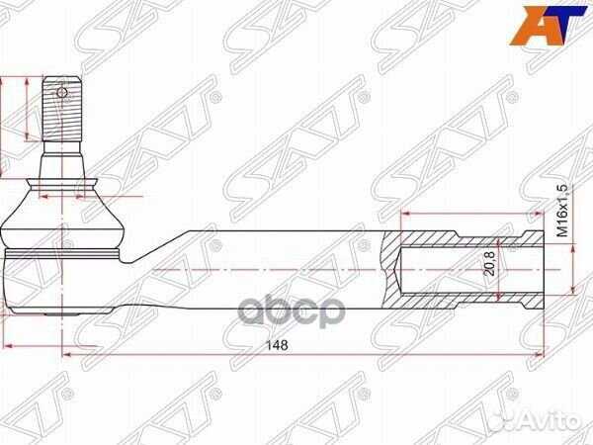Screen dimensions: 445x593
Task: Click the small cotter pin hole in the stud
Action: pos(61,94)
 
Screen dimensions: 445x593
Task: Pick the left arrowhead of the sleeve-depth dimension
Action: pos(405,215)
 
